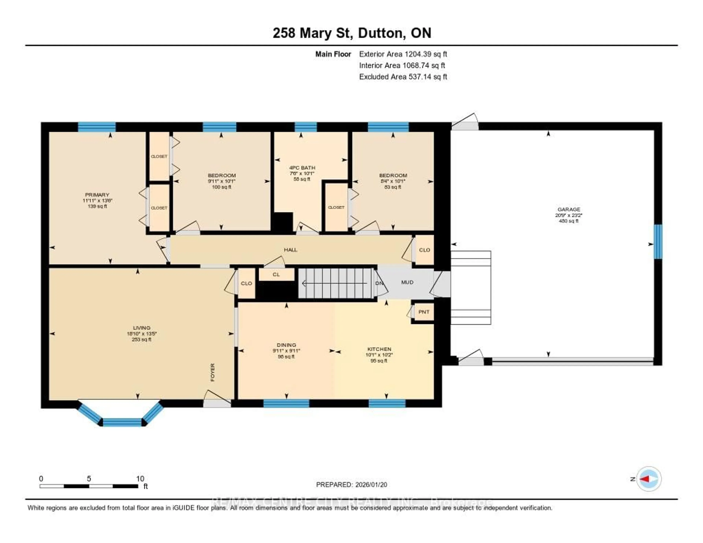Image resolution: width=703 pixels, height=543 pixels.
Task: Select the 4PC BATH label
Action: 302,168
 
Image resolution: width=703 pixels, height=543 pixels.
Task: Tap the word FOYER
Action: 212,372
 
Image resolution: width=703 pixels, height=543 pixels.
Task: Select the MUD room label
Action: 407,282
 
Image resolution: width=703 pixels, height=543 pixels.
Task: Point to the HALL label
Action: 290,250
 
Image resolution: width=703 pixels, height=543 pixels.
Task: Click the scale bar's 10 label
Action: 140,479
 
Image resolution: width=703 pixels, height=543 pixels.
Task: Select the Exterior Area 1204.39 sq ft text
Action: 403,54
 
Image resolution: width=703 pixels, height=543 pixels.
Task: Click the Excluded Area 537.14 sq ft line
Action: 403,77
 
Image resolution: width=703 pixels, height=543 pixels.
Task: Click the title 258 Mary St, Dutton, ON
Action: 352,33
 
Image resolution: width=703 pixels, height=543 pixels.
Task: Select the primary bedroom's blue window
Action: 96,127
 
